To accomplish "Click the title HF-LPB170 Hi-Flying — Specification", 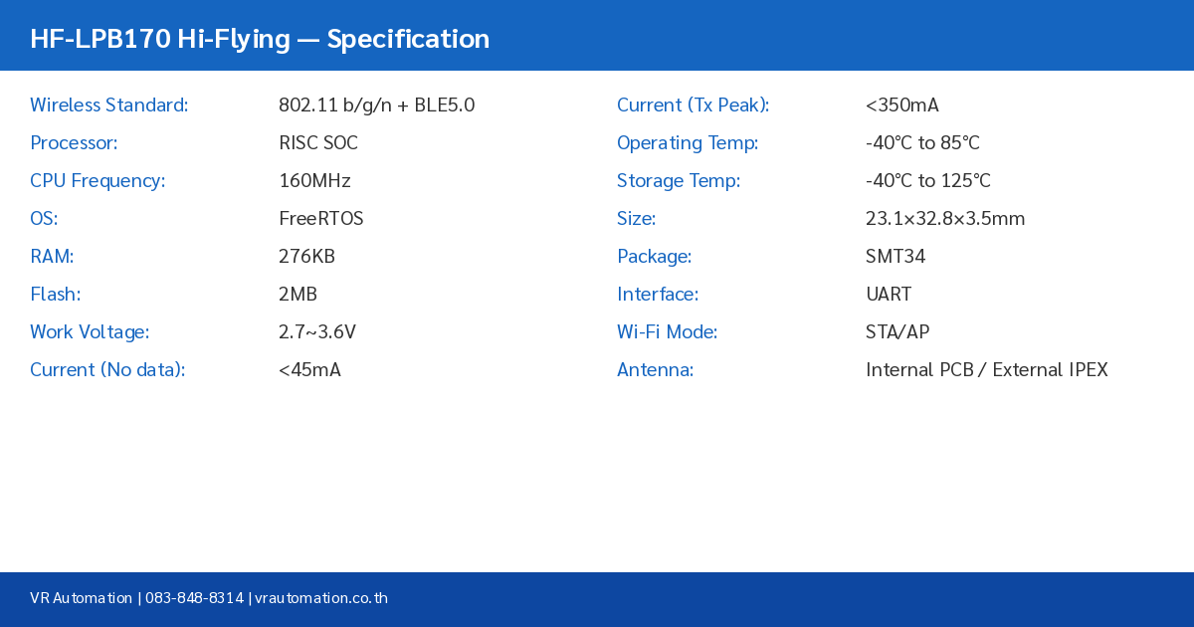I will (260, 39).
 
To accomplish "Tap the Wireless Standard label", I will (109, 105).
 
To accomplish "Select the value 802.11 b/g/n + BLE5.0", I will (376, 105).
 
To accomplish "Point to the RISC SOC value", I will (318, 143).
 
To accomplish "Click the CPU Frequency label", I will (98, 181).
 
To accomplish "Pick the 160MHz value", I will (314, 181).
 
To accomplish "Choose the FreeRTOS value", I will (321, 219).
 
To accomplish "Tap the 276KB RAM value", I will (306, 257).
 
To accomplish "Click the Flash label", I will (56, 295).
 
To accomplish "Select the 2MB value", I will (298, 295).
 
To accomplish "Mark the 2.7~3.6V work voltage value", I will (317, 332).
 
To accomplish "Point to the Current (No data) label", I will (107, 370).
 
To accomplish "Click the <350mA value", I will (902, 105).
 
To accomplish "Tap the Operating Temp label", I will (688, 143).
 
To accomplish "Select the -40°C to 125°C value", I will (928, 181).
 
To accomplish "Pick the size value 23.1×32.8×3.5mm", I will (945, 219).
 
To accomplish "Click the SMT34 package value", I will (895, 257).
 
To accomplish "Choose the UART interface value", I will (889, 295).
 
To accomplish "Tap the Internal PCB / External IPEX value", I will (986, 370).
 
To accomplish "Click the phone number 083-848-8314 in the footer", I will (194, 598).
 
